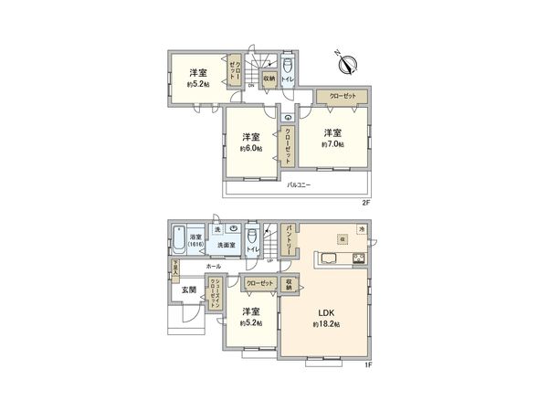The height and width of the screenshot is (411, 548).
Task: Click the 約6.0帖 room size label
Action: point(251,148)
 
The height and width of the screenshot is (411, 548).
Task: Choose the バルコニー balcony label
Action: point(300,184)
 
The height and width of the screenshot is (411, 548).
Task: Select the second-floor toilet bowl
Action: point(288,66)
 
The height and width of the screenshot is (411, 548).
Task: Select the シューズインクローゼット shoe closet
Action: point(214,294)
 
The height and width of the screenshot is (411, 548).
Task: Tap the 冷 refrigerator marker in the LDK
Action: point(361,227)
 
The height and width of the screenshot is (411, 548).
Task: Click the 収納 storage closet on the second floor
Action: point(269,79)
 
